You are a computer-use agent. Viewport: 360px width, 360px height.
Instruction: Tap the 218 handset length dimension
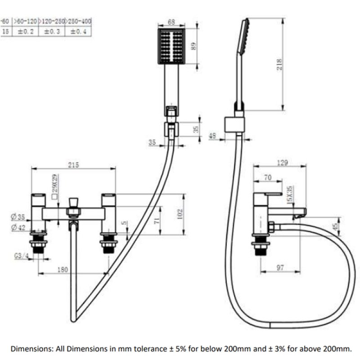click(279, 66)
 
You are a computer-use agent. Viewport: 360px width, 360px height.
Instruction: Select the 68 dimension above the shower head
click(171, 22)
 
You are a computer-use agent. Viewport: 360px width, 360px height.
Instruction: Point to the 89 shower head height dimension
click(194, 46)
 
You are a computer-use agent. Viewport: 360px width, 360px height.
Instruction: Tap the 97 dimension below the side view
click(280, 268)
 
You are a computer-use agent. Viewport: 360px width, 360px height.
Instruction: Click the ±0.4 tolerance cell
click(79, 31)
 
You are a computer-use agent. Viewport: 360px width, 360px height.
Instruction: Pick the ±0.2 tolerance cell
click(26, 31)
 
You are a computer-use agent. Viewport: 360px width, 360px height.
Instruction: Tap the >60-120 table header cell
click(26, 21)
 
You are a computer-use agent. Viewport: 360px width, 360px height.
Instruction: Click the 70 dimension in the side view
click(267, 178)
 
